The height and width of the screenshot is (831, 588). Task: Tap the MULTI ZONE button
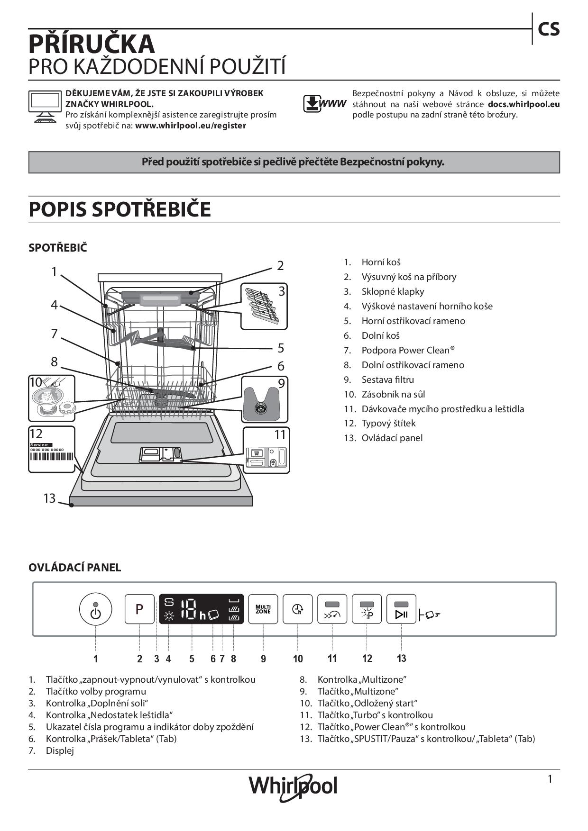click(263, 609)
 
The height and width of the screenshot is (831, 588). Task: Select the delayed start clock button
click(298, 609)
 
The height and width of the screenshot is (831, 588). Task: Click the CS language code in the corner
click(549, 29)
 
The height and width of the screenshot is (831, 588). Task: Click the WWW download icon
click(325, 104)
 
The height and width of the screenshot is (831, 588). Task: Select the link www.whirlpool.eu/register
click(191, 126)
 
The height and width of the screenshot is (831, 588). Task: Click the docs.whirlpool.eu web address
click(524, 104)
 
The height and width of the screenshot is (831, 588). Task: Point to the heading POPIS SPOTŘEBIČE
click(119, 209)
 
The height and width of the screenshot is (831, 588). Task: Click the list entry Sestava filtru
click(387, 379)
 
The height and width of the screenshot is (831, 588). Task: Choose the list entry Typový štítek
click(388, 423)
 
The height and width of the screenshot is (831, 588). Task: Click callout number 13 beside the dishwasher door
click(49, 498)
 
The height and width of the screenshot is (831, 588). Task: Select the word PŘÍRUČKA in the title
click(92, 44)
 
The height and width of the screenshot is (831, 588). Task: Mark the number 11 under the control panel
click(332, 658)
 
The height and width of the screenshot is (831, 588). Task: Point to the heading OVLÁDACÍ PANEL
click(74, 568)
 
